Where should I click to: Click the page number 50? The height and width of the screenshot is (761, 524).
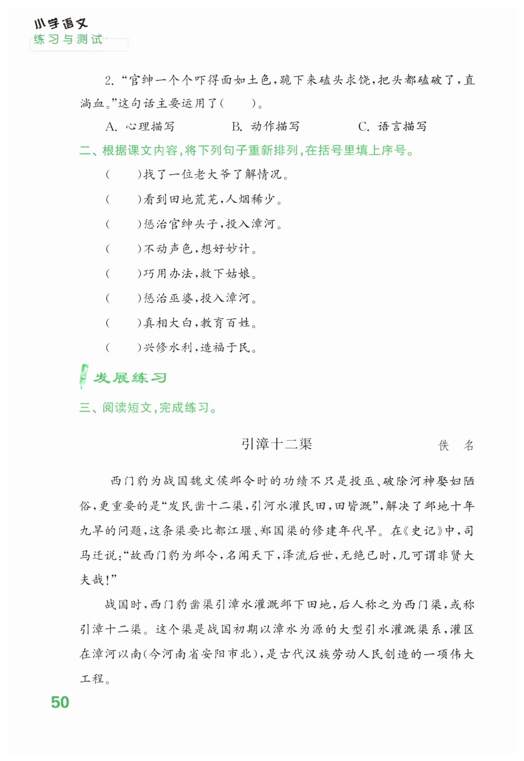(x=60, y=702)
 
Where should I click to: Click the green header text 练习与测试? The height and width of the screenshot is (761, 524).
(x=68, y=40)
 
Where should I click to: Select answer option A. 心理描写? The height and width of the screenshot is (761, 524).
(x=140, y=127)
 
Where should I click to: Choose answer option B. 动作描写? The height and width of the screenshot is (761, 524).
(x=266, y=127)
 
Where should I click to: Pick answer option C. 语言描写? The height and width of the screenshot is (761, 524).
(x=392, y=127)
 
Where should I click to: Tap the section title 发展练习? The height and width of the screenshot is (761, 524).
(x=130, y=378)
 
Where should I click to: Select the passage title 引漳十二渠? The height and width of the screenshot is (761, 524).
(x=276, y=444)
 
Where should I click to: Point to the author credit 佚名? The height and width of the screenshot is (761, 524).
(x=456, y=445)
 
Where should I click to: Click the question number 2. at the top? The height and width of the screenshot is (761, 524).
(x=109, y=81)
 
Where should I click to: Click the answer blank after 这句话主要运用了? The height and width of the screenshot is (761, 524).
(x=238, y=104)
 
